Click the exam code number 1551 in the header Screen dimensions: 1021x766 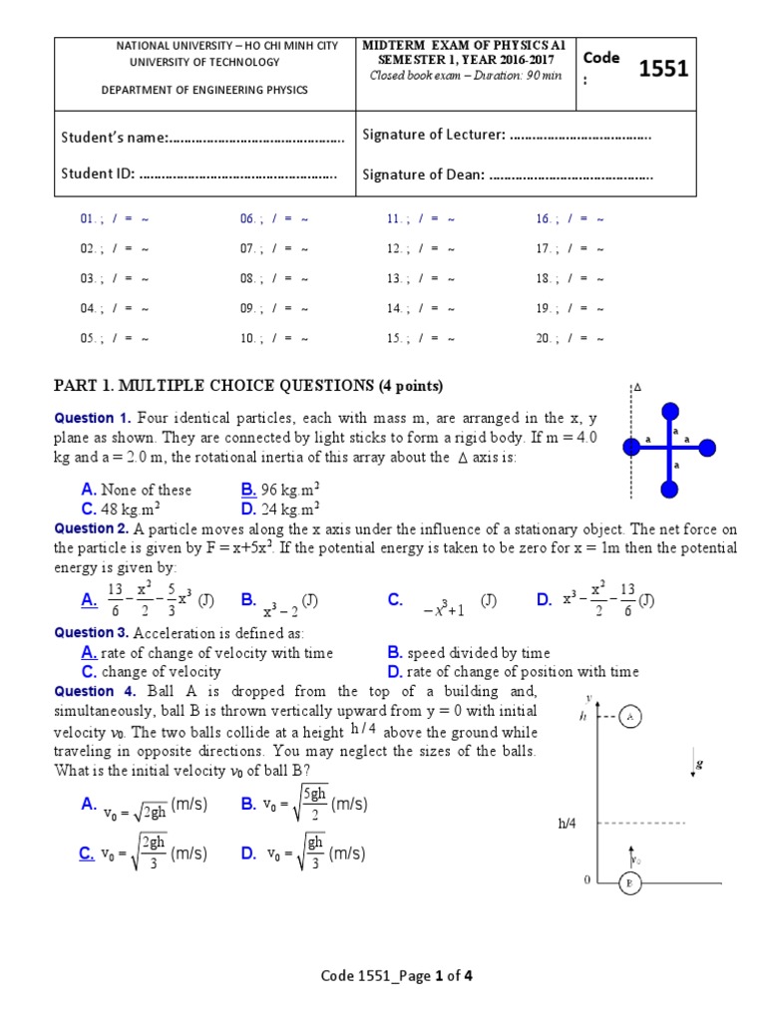pyautogui.click(x=663, y=69)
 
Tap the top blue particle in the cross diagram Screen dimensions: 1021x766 pyautogui.click(x=670, y=410)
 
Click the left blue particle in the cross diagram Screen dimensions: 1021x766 pyautogui.click(x=631, y=449)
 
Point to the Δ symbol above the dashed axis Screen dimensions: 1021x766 pyautogui.click(x=636, y=387)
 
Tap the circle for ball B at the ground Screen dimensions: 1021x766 pyautogui.click(x=629, y=883)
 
